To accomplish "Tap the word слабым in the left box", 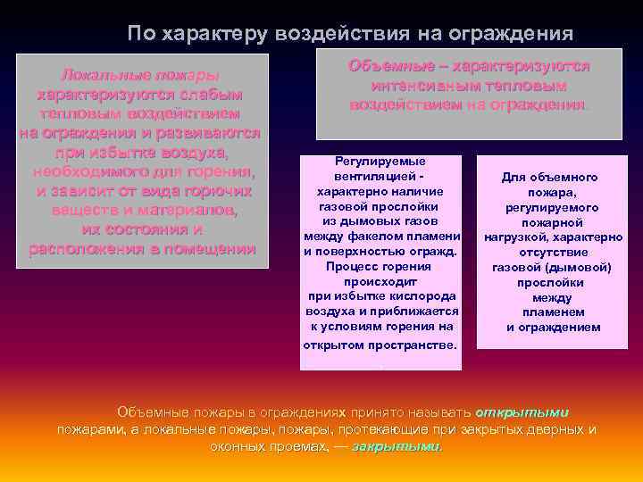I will coord(205,95).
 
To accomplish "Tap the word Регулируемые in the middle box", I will coord(380,161).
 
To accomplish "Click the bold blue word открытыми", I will coord(522,412).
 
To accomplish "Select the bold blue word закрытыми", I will coord(397,445).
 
